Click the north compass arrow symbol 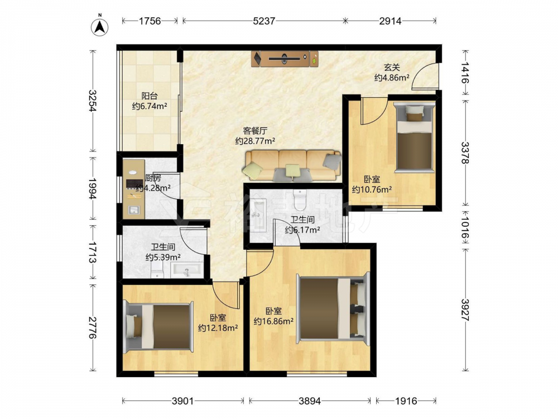(x=100, y=27)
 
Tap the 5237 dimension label (x=264, y=21)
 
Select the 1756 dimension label (x=150, y=21)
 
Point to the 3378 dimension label (x=465, y=153)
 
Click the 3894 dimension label (x=310, y=401)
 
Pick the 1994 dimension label (x=92, y=189)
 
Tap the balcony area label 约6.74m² (x=150, y=106)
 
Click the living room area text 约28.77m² (x=255, y=141)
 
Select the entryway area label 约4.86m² (x=392, y=77)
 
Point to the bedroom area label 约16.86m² (x=273, y=321)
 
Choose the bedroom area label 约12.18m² (x=218, y=328)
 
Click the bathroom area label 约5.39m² (x=163, y=257)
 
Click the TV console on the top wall (x=285, y=59)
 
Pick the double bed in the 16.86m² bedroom (x=333, y=308)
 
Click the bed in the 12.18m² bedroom (x=158, y=327)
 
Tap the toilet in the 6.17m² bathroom (x=300, y=200)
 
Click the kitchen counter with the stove (x=133, y=189)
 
